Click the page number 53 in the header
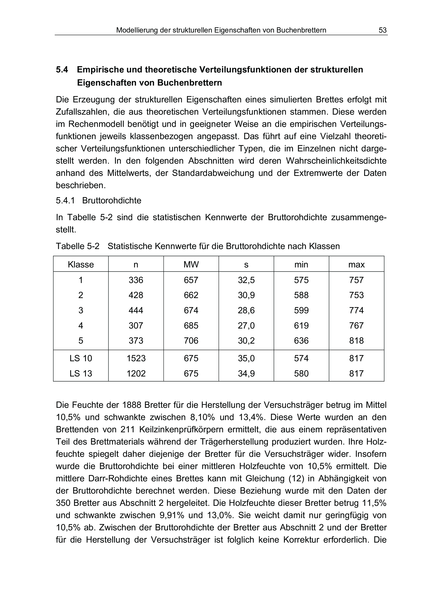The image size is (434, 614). click(x=382, y=30)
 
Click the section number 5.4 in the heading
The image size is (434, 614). click(x=62, y=70)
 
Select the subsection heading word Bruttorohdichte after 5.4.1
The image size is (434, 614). click(x=112, y=201)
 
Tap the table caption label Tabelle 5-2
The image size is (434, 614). click(x=78, y=246)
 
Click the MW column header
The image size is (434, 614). click(x=191, y=264)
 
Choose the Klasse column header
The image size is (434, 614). click(x=81, y=264)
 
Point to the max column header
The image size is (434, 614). click(x=356, y=264)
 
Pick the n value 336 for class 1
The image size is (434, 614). click(x=136, y=280)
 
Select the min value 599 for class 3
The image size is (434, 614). click(x=301, y=311)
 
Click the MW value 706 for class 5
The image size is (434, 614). click(x=191, y=341)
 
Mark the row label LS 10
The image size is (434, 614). click(x=81, y=358)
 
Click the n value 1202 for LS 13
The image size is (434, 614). click(x=136, y=373)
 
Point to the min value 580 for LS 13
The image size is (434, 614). click(x=301, y=373)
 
